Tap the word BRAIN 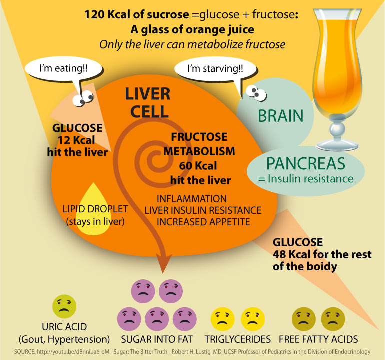280,116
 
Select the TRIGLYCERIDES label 241,339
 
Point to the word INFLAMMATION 192,199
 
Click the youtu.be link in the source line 64,352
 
